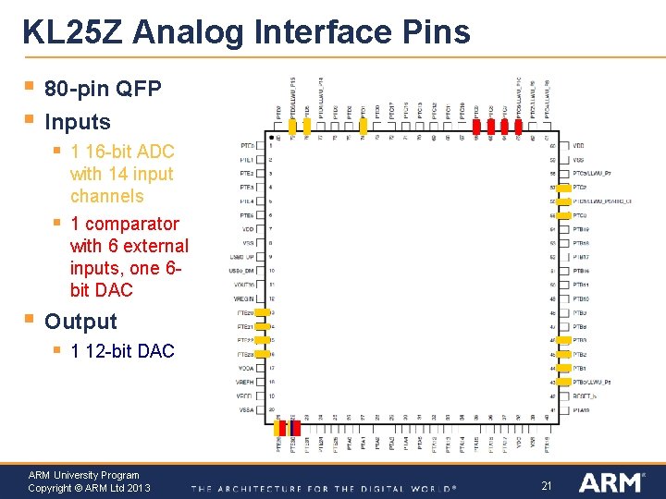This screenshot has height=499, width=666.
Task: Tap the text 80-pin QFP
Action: [x=103, y=90]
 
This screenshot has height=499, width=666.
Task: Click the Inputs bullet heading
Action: [x=78, y=122]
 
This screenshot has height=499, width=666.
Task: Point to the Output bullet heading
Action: [x=81, y=322]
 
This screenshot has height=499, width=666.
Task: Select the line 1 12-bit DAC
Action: [x=122, y=351]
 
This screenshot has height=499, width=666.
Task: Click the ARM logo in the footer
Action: [x=611, y=482]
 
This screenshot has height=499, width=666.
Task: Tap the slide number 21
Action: [x=546, y=485]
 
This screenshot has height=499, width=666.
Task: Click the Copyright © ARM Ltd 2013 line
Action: [x=89, y=488]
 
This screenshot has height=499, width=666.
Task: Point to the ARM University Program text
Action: [x=83, y=475]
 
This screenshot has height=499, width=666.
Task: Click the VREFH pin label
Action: [x=244, y=382]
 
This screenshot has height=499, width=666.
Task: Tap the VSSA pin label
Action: [x=245, y=409]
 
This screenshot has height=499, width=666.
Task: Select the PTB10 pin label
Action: [x=581, y=298]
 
